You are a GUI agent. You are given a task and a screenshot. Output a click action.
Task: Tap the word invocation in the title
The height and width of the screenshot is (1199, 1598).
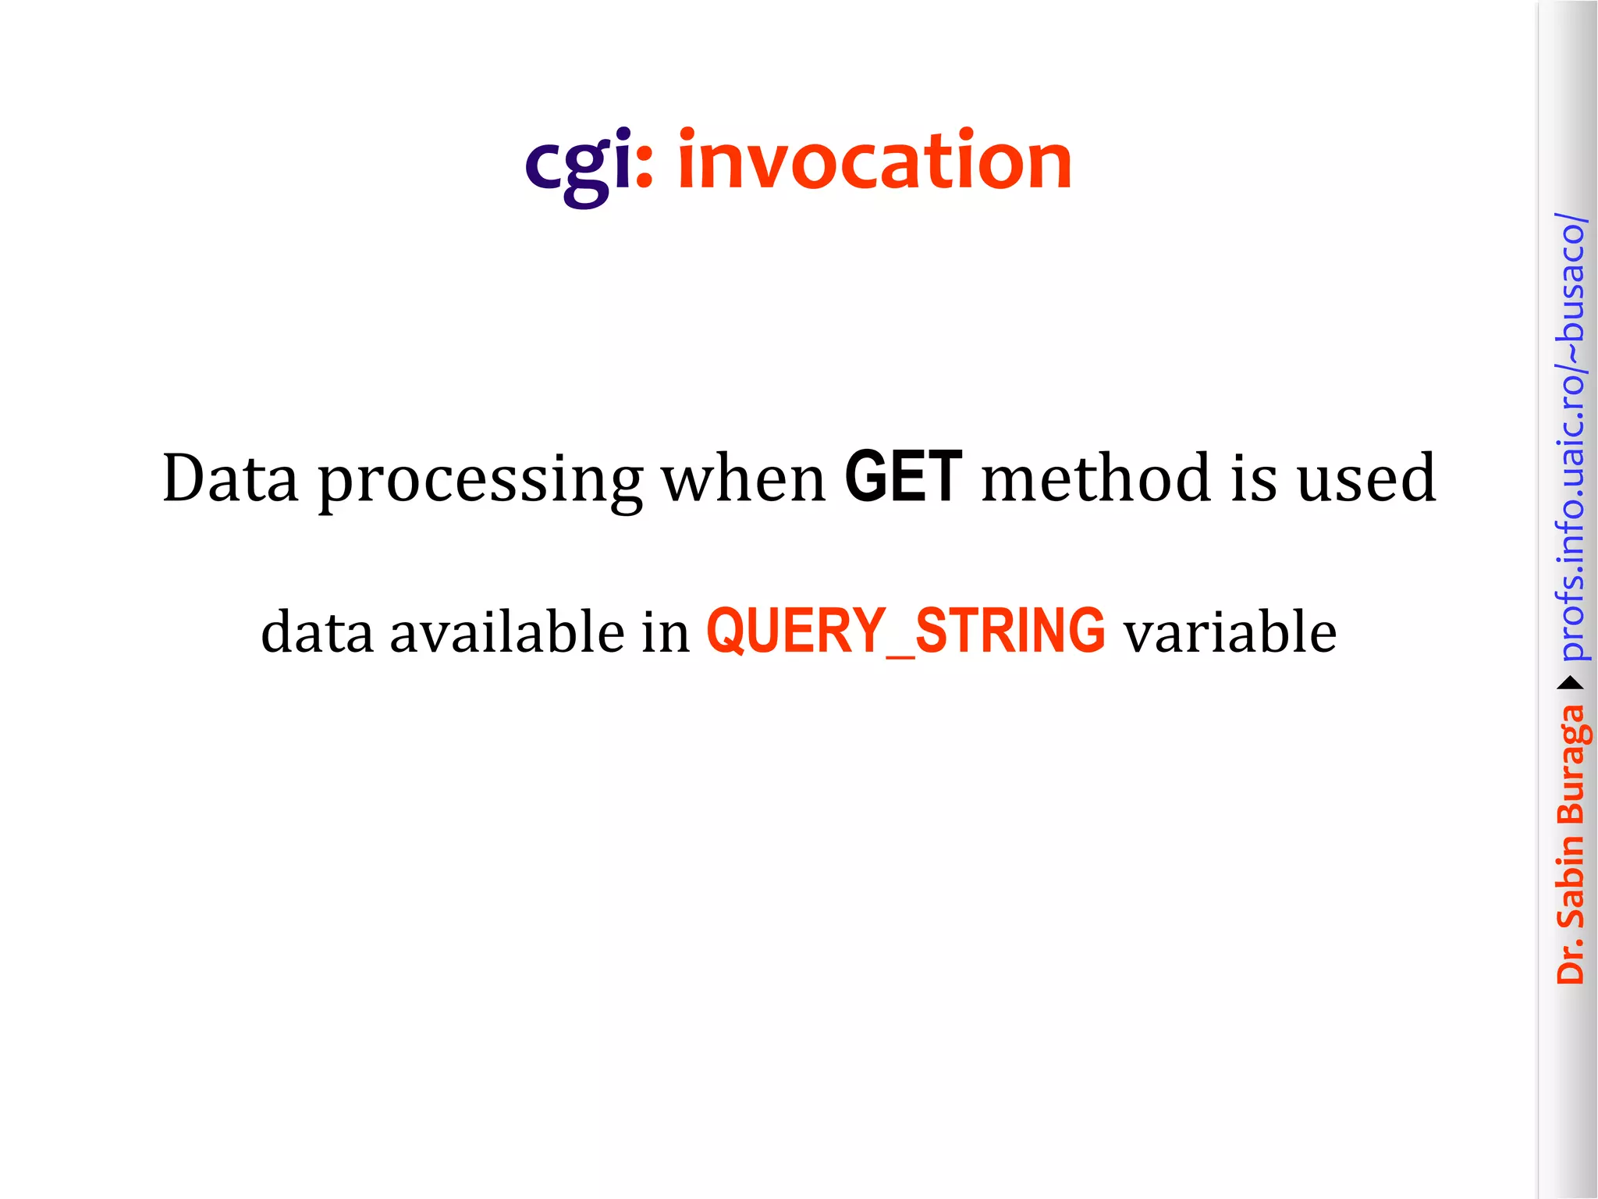tap(875, 161)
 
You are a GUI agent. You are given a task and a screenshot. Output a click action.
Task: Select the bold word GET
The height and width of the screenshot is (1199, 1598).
tap(904, 477)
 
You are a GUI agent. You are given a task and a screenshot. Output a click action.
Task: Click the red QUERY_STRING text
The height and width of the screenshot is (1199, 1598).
tap(905, 631)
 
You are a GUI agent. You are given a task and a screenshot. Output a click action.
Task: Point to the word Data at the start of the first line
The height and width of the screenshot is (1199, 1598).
tap(230, 477)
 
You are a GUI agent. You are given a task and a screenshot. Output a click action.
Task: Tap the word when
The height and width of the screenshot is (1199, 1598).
tap(744, 477)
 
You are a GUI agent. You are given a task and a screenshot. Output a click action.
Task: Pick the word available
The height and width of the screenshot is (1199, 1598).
tap(506, 631)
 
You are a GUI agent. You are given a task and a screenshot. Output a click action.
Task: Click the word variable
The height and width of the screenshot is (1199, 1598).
tap(1230, 631)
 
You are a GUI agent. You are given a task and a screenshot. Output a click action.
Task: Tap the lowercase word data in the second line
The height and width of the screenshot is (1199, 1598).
tap(317, 631)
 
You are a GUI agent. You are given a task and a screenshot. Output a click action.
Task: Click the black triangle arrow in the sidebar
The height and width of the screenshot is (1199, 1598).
tap(1571, 684)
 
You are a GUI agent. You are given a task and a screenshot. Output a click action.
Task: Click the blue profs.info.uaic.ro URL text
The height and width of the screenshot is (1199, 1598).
tap(1571, 437)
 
